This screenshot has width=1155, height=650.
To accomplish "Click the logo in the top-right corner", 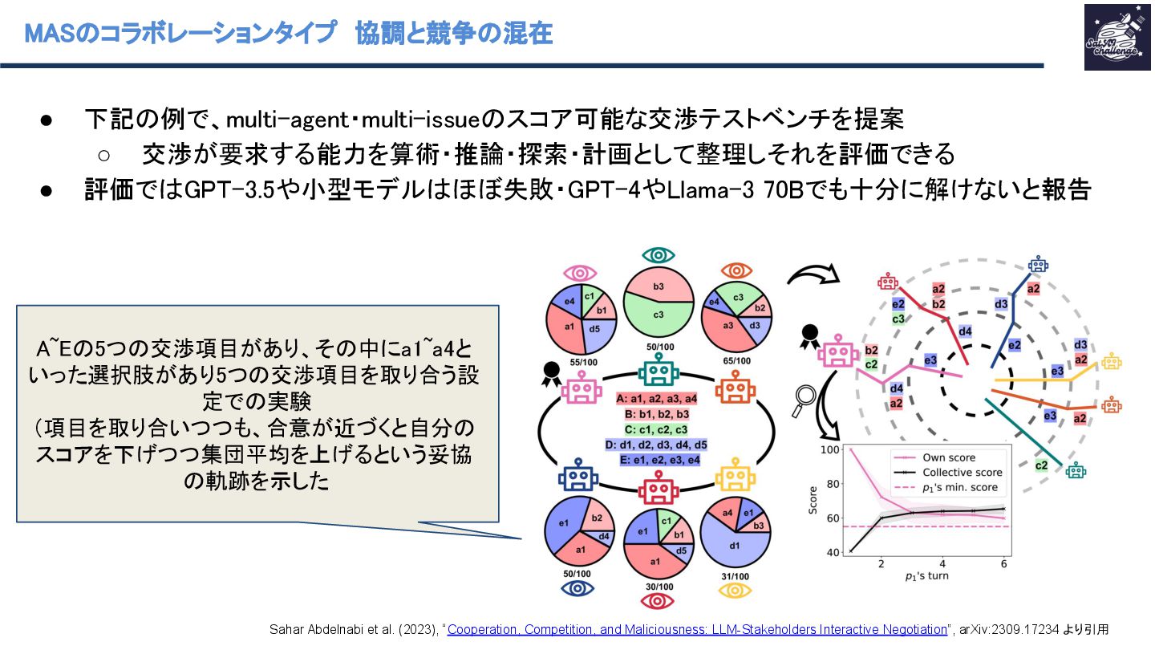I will click(x=1116, y=37).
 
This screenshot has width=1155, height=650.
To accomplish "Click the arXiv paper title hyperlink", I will click(x=697, y=629).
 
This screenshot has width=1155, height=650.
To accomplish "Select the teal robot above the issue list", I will click(x=659, y=371).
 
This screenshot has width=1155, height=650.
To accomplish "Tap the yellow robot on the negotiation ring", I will click(x=731, y=479).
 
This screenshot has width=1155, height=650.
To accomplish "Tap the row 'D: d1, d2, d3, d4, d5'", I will click(x=657, y=444).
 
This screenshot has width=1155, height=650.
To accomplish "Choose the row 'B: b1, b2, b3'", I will click(x=657, y=415).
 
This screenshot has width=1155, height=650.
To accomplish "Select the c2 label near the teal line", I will click(x=1041, y=465).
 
